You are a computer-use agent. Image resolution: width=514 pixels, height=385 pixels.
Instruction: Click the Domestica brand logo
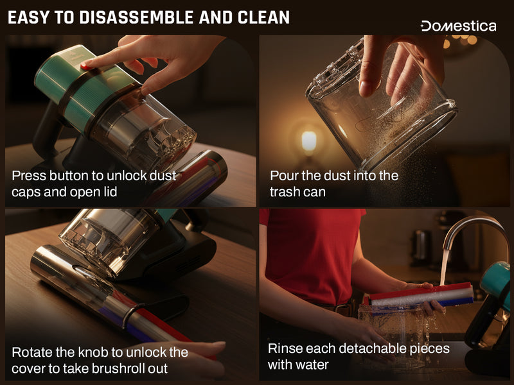tap(458, 26)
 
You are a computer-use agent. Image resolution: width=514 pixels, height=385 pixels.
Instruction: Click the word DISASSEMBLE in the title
tap(136, 17)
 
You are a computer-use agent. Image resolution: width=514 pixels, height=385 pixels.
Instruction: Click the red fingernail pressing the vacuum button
tap(86, 66)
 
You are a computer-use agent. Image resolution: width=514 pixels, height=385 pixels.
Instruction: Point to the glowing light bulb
tap(308, 141)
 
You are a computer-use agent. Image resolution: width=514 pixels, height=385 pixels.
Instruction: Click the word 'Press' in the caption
tap(28, 176)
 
